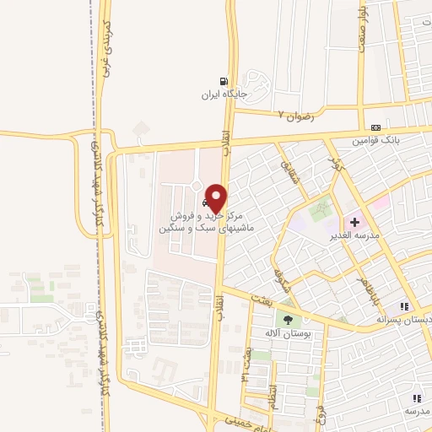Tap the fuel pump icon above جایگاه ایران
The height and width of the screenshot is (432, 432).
point(224,81)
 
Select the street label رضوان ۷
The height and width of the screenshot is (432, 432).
point(295,115)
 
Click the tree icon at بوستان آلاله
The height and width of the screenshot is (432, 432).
point(289,320)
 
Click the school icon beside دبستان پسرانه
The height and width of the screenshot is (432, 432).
point(405,305)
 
